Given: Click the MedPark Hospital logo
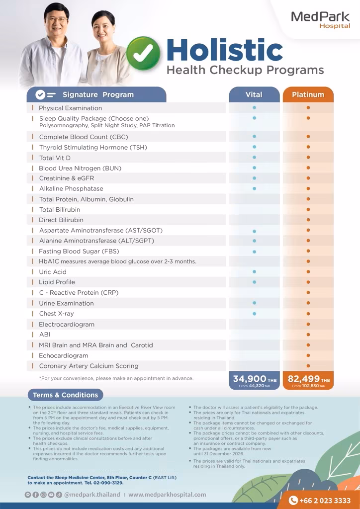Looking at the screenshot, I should (320, 19).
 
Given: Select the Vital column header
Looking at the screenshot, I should (254, 94).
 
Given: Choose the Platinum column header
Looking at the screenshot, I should (308, 94).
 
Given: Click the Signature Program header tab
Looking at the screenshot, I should (97, 94).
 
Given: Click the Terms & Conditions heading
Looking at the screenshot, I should (65, 395).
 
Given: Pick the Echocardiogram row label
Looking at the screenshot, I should (64, 355).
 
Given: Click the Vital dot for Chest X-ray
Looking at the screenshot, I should (254, 314).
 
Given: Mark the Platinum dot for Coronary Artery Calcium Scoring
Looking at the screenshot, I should (308, 366).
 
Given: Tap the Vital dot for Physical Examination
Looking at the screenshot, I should (254, 107).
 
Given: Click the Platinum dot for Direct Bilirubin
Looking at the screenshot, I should (308, 220).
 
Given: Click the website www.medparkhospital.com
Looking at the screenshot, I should (167, 495).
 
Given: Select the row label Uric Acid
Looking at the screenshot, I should (53, 272).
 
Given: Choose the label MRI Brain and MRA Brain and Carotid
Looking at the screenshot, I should (96, 345).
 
